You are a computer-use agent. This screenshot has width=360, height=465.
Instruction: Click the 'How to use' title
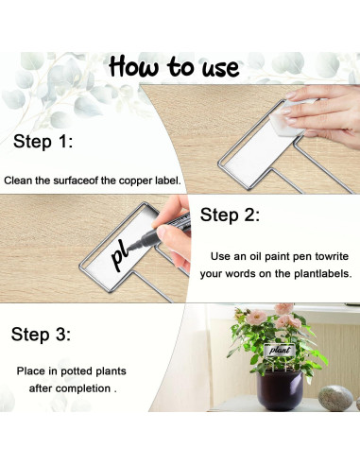coord(174,67)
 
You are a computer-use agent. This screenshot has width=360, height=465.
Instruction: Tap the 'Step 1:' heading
coord(43,141)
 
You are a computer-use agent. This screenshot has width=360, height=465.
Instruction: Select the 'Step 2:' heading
coord(230,215)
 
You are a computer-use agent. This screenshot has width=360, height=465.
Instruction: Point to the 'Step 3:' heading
coord(41,334)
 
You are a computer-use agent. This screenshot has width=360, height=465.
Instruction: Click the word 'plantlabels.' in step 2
coord(323,273)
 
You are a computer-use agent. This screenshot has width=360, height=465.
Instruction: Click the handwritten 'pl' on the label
coord(120,256)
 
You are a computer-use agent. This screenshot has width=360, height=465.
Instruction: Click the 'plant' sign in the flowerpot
coord(280,350)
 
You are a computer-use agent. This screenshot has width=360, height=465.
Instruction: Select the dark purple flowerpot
coord(280,390)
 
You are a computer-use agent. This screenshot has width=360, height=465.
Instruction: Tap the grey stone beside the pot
coord(335,398)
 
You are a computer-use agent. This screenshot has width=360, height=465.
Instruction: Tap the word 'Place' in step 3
coord(31,370)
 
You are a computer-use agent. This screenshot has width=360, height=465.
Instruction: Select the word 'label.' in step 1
coord(168,181)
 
